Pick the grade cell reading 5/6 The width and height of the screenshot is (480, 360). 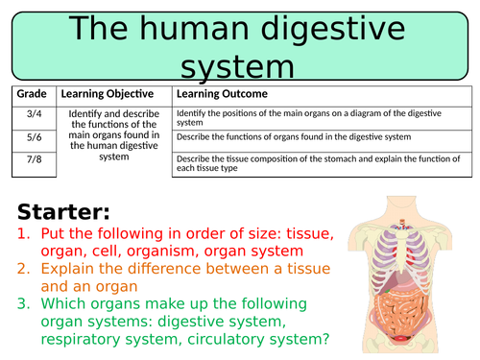click(x=33, y=137)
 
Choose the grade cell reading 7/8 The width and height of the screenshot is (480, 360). click(x=33, y=159)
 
